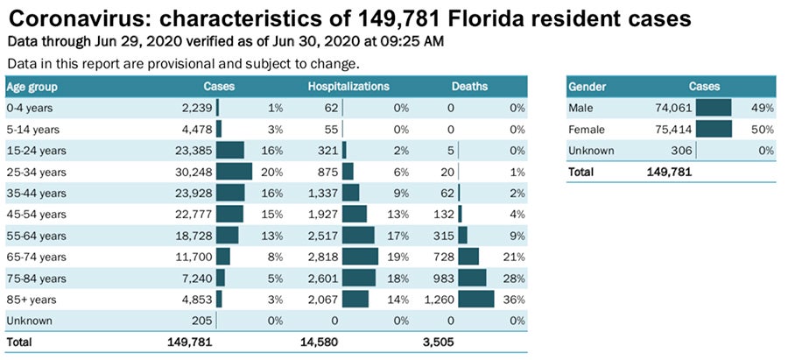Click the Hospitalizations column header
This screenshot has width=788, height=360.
click(348, 87)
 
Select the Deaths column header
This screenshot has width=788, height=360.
click(469, 87)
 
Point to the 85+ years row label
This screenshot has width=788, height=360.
click(30, 299)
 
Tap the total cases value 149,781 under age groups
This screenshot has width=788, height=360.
click(189, 341)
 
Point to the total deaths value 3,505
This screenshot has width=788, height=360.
click(439, 341)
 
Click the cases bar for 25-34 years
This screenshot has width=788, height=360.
click(234, 171)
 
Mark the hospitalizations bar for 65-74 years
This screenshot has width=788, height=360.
click(360, 256)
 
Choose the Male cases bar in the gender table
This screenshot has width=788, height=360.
click(714, 108)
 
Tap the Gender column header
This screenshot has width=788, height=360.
click(587, 87)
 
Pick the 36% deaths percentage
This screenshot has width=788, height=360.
click(515, 299)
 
